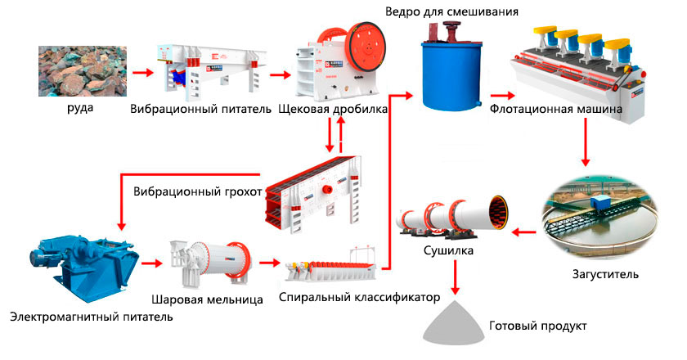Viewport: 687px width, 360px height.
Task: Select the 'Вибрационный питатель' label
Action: [x=200, y=109]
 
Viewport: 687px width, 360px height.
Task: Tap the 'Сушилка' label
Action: [x=448, y=251]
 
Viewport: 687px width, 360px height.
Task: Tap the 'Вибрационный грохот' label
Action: [x=197, y=192]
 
